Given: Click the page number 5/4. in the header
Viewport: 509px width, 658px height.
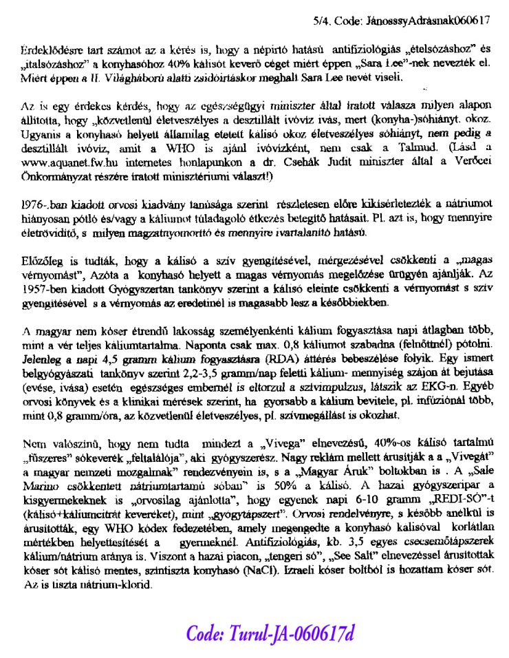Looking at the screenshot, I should tap(321, 21).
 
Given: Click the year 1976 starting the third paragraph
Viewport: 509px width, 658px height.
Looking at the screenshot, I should tap(34, 204).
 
